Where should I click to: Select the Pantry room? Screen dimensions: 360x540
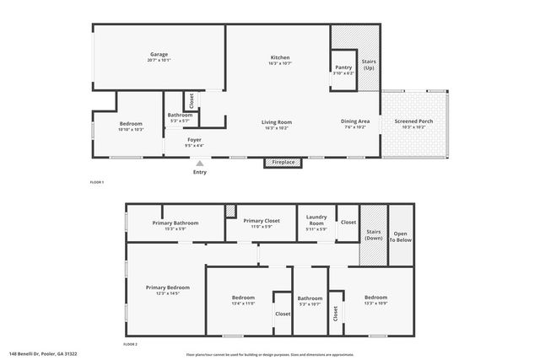pos(343,69)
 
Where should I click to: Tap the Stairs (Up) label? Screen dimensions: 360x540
pos(369,65)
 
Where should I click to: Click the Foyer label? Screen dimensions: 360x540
pos(194,142)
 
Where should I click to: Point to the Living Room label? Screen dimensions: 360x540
pos(276,124)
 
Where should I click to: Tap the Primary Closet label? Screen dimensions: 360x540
pos(260,223)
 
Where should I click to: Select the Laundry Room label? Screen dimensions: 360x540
pos(316,222)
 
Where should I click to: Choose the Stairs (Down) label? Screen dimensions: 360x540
pos(373,235)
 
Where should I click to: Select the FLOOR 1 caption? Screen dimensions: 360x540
pos(97,182)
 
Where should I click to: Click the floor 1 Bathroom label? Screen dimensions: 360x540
pos(180,117)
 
